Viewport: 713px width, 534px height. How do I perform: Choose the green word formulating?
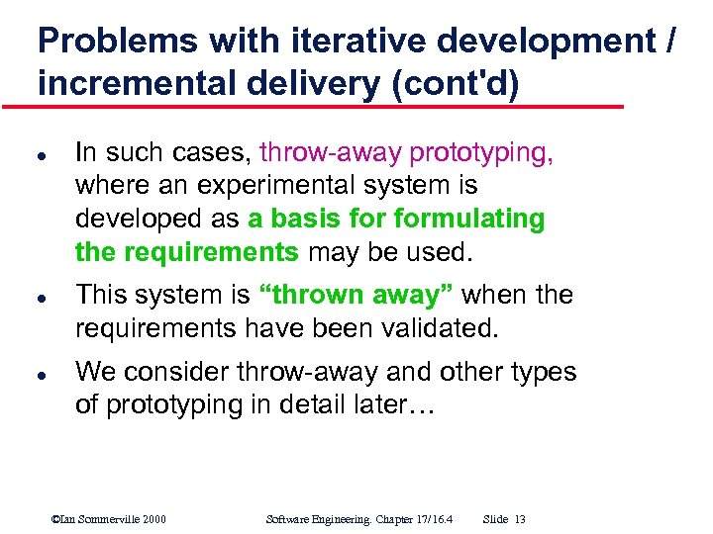pos(468,219)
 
